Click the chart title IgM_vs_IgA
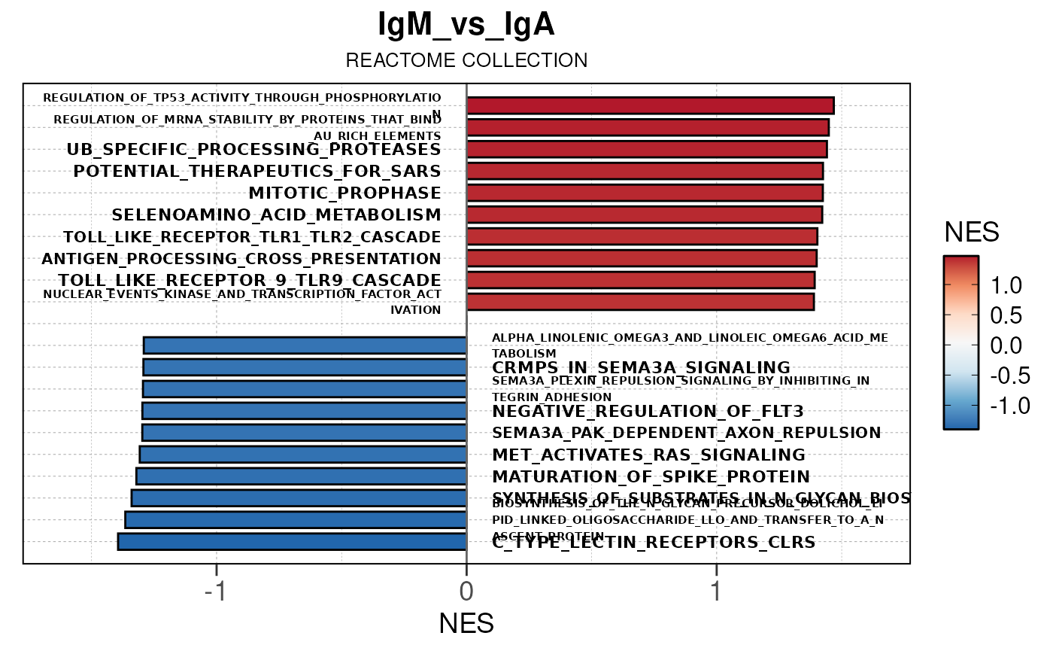click(x=466, y=26)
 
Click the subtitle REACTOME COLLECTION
click(x=466, y=60)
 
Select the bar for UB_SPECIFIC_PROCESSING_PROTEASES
click(x=647, y=149)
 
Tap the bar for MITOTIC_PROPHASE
click(x=645, y=193)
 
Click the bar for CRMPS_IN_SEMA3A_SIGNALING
click(x=305, y=367)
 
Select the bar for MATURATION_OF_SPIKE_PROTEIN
click(x=301, y=476)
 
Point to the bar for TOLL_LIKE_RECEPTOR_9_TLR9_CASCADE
click(x=641, y=280)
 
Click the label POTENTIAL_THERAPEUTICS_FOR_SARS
click(x=256, y=172)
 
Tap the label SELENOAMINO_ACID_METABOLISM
click(x=276, y=215)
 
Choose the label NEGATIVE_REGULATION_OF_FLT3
click(x=648, y=412)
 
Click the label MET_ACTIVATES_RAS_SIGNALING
click(x=648, y=455)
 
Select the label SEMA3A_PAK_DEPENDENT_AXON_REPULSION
click(x=686, y=433)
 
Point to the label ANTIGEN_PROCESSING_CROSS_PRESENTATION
click(x=241, y=259)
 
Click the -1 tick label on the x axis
click(x=216, y=592)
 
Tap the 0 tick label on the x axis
click(x=466, y=592)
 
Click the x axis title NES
click(x=466, y=624)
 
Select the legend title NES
click(x=972, y=233)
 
